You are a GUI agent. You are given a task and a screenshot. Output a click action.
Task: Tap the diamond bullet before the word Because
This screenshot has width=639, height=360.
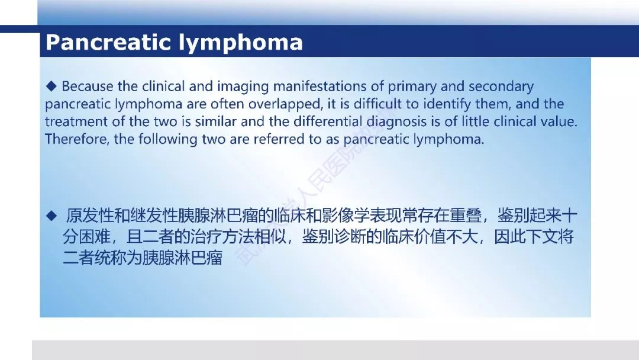[x=51, y=86]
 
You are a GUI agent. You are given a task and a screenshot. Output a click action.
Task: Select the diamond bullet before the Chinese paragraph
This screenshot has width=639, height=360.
[x=51, y=216]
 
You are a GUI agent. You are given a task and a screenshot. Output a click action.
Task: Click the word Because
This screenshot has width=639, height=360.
[x=88, y=86]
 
